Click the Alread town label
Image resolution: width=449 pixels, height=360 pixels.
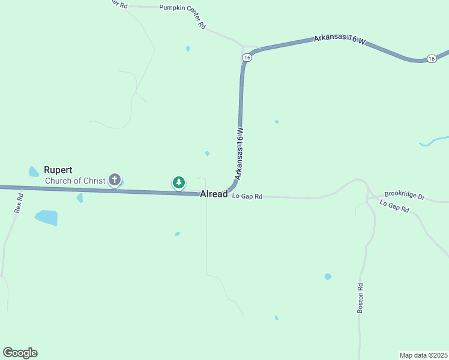click(214, 194)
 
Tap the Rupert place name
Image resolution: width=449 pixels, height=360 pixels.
click(58, 170)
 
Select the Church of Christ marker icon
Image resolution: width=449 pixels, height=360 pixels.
click(114, 179)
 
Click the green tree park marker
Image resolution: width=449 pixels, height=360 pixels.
click(178, 182)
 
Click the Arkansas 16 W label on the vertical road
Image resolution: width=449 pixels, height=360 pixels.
click(240, 154)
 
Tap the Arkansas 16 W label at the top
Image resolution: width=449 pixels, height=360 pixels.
click(339, 40)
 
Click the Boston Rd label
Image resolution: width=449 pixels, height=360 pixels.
click(360, 298)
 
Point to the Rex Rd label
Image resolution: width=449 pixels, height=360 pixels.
click(18, 202)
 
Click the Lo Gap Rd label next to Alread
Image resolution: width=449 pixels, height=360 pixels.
click(247, 196)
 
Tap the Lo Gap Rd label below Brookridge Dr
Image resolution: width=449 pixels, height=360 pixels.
click(394, 206)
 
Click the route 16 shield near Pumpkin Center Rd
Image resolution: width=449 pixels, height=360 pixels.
click(247, 57)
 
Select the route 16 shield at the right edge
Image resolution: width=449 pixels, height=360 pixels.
click(432, 58)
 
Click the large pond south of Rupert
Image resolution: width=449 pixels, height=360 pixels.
click(46, 217)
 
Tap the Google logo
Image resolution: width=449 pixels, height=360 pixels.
click(20, 353)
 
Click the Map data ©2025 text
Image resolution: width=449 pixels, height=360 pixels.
click(423, 355)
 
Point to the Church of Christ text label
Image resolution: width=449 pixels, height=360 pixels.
click(75, 181)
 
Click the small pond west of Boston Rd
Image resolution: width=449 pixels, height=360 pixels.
click(328, 277)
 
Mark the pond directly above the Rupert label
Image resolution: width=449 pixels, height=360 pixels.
click(34, 172)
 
